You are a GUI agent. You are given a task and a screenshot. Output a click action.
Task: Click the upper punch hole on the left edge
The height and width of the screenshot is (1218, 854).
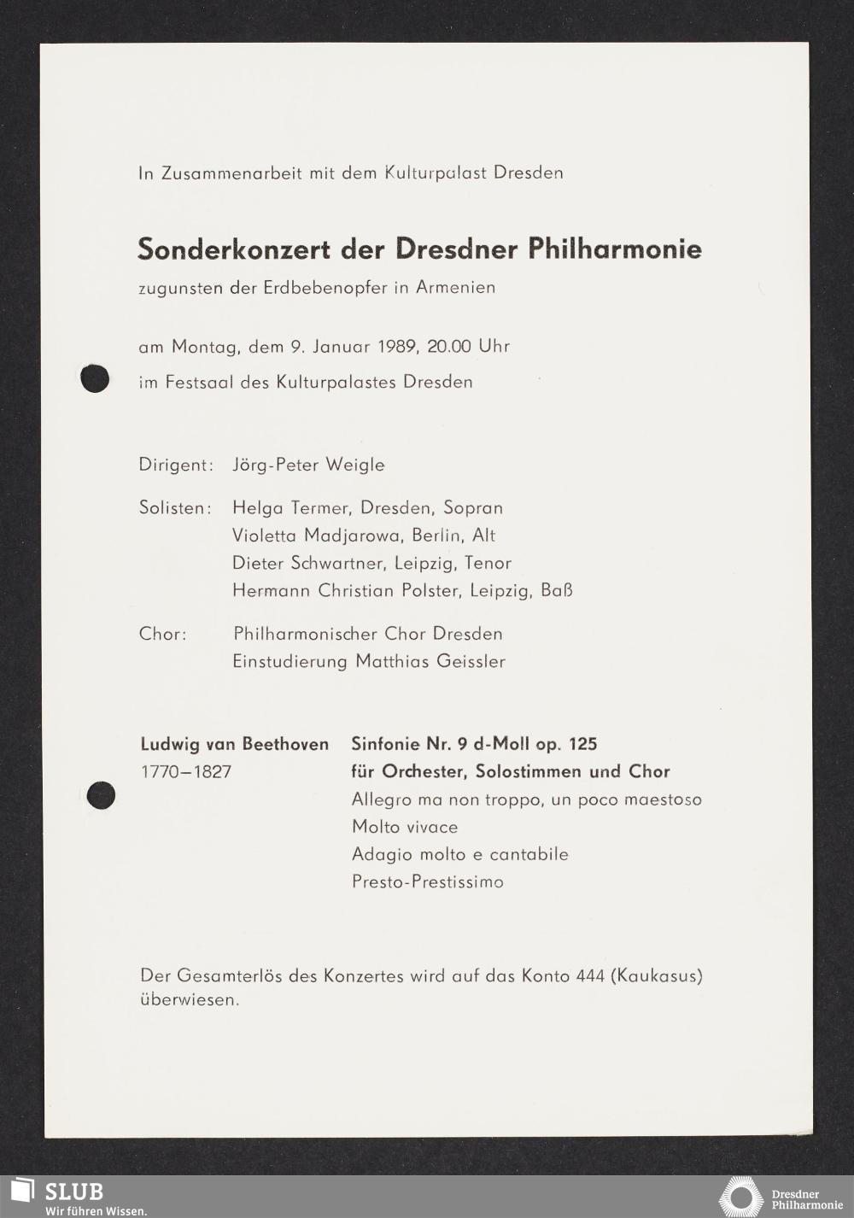point(95,378)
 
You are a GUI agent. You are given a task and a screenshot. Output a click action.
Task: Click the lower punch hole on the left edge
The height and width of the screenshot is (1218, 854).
point(101,795)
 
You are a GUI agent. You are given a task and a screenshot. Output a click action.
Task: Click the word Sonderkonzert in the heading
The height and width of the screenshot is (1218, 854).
point(233,249)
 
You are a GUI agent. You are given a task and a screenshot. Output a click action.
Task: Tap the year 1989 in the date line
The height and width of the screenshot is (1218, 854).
point(398,347)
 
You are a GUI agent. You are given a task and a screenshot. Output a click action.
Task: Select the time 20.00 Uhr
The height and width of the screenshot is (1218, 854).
point(468,347)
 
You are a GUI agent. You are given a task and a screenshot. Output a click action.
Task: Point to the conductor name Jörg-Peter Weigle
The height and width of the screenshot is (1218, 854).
point(308,466)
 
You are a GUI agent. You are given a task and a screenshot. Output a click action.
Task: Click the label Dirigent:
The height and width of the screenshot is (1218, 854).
point(176,466)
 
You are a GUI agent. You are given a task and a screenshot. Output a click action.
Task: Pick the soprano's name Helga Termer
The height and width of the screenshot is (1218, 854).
point(291,508)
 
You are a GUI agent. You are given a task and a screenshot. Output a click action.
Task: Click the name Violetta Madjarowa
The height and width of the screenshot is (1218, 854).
point(315,536)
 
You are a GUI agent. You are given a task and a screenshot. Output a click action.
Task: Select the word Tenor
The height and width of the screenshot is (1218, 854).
point(488,564)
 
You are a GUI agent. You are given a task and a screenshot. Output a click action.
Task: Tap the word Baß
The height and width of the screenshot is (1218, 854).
point(557,591)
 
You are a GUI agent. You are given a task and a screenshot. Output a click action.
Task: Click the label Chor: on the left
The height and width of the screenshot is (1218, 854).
point(162,634)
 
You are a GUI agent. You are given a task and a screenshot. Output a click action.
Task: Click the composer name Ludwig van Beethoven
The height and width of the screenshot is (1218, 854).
point(234,744)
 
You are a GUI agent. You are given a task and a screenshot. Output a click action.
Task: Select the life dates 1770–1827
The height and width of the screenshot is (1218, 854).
point(186,772)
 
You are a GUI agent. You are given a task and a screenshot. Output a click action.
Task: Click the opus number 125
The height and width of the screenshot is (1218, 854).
point(582,744)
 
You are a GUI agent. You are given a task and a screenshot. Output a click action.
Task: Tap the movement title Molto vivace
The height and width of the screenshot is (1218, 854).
point(405,827)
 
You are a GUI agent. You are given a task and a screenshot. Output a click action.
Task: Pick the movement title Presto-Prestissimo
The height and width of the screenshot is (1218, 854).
point(428,881)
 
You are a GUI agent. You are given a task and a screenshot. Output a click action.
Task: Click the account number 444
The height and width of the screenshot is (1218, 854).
point(590,975)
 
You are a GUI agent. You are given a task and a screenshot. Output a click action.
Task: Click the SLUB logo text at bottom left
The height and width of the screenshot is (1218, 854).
point(73,1192)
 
